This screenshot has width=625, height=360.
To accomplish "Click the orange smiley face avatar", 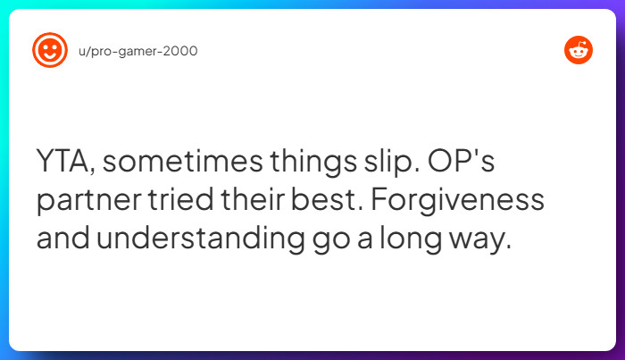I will point(50,50).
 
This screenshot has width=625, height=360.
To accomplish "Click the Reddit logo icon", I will point(579,51).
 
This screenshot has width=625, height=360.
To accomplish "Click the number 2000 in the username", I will point(182,51).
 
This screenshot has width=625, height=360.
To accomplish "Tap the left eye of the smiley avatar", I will point(46,46).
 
